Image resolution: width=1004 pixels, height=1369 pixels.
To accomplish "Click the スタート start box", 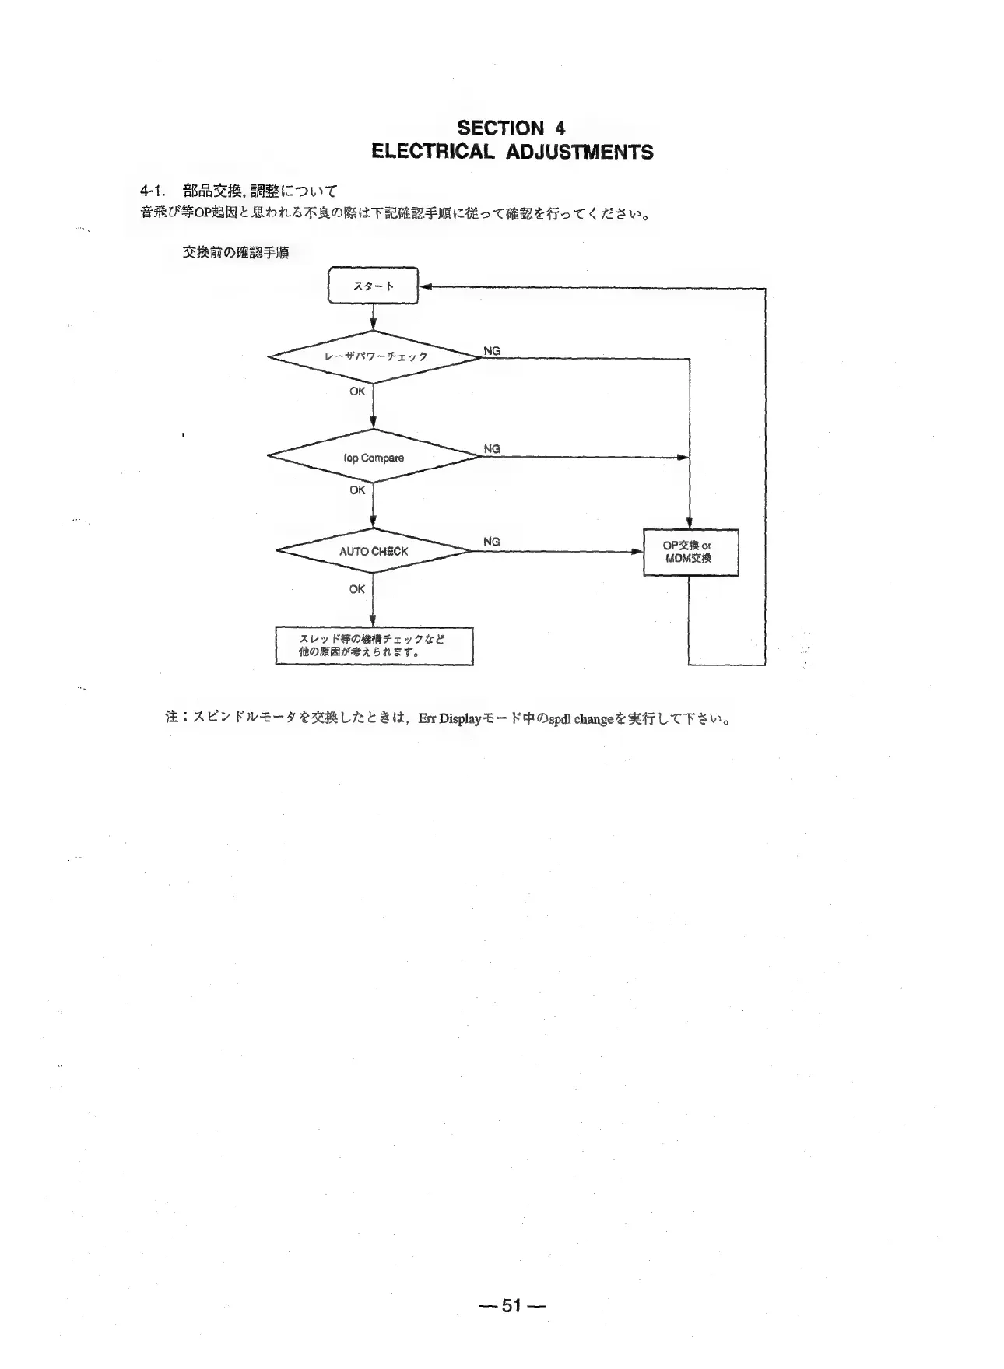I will click(373, 286).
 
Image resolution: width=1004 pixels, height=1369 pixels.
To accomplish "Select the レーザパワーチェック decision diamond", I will click(374, 356).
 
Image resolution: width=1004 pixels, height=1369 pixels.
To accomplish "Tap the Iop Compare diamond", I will click(374, 458).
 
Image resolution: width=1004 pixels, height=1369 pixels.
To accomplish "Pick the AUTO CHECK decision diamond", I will click(374, 551).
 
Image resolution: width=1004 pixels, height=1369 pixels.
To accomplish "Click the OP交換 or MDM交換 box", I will click(690, 552).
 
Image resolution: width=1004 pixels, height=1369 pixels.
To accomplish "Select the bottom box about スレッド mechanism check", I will click(374, 646).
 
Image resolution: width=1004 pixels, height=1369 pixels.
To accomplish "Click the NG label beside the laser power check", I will click(492, 351).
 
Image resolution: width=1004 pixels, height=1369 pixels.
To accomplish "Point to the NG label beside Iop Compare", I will click(492, 449).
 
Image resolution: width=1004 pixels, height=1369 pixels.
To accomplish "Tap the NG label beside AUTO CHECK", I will click(492, 542).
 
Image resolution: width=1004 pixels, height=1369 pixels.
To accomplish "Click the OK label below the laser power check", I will click(357, 391).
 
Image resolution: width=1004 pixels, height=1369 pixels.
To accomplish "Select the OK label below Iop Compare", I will click(357, 490).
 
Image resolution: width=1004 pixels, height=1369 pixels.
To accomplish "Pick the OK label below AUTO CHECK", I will click(357, 589).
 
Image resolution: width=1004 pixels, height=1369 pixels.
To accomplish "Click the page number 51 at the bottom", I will click(511, 1305).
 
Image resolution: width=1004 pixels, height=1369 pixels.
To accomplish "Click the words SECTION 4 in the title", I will click(511, 128).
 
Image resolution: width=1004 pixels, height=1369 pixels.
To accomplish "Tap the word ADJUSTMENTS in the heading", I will click(580, 152).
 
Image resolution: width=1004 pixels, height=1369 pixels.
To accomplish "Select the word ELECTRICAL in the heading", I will click(433, 152).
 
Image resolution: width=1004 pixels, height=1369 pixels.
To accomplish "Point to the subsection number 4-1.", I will click(153, 191).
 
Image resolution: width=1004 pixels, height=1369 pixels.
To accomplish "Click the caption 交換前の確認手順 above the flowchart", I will click(236, 253).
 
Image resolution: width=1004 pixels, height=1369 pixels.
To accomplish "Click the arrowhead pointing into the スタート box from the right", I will click(425, 287).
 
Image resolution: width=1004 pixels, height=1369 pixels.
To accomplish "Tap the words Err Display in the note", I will click(441, 718).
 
